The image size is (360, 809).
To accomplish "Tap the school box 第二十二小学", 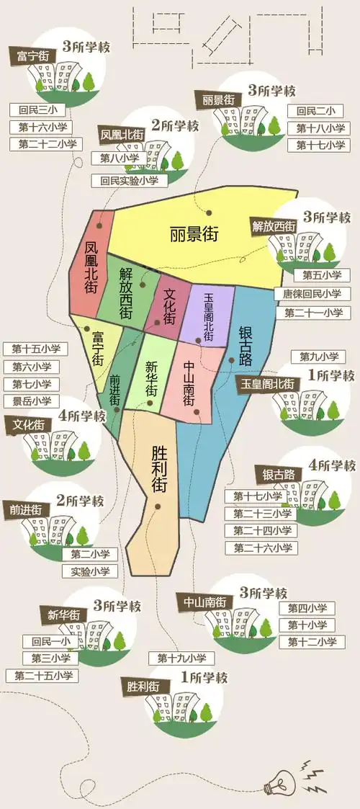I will click(x=44, y=144).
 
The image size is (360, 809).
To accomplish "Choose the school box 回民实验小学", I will click(x=130, y=180).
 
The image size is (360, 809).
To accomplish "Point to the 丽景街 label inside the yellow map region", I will click(x=194, y=234).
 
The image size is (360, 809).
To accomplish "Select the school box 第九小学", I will click(x=318, y=357).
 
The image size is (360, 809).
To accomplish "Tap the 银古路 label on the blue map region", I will click(x=246, y=345).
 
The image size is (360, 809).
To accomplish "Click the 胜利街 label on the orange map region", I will click(x=159, y=468).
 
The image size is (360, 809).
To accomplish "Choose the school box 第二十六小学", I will click(x=261, y=547).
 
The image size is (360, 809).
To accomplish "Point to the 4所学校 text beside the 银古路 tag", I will click(x=332, y=465).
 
